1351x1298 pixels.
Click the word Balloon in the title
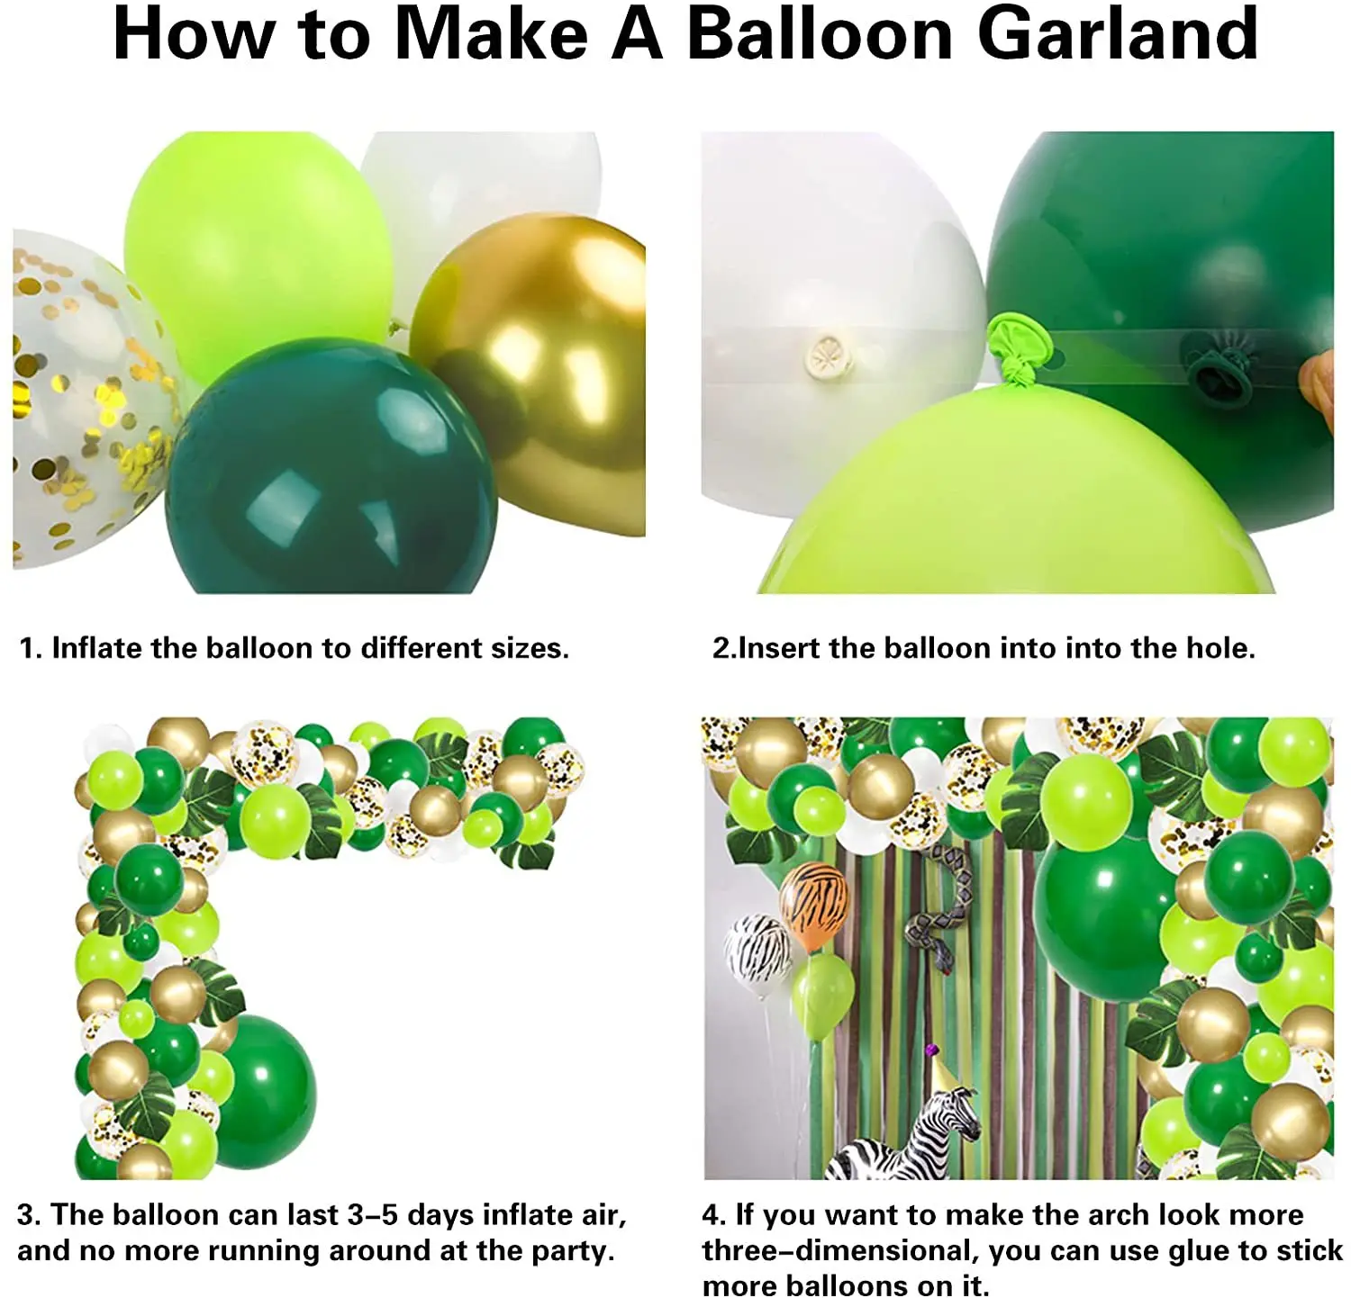point(820,34)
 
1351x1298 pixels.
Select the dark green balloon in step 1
point(333,468)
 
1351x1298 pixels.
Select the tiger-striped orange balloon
point(814,905)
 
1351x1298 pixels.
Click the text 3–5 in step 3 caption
point(373,1214)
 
